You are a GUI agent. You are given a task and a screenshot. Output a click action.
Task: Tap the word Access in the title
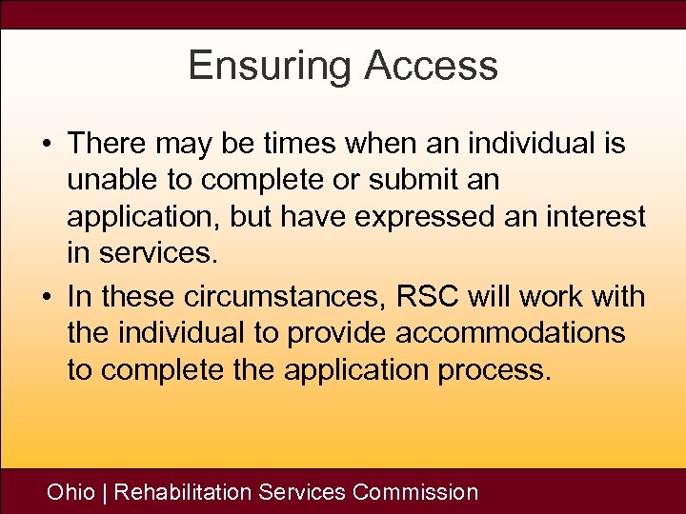click(x=433, y=66)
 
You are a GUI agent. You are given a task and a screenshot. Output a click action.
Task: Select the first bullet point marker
click(x=46, y=145)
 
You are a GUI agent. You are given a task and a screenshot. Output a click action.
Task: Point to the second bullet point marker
click(x=46, y=297)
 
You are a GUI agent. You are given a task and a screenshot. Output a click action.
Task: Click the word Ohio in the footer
click(x=71, y=492)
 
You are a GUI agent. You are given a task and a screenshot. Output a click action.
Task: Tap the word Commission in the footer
click(x=414, y=492)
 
